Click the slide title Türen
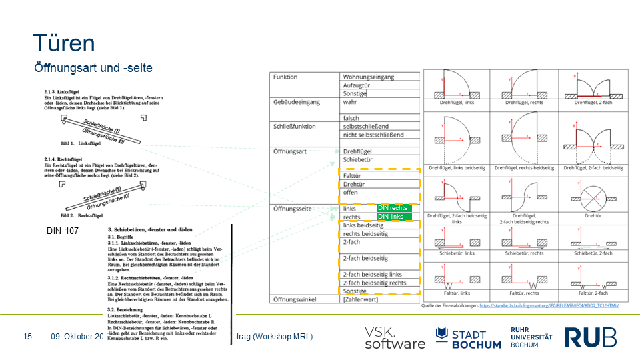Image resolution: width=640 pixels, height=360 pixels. click(64, 43)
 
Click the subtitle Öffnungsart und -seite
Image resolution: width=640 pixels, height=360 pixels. click(93, 68)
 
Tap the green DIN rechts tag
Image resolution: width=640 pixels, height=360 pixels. click(394, 208)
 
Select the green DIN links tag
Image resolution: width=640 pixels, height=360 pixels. click(392, 217)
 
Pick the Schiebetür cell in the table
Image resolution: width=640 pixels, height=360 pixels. click(357, 160)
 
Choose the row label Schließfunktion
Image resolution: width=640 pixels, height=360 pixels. click(295, 126)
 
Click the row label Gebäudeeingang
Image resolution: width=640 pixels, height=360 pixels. click(297, 102)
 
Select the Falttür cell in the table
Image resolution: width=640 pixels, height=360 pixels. click(352, 175)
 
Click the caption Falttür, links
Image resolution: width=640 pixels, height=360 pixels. click(456, 293)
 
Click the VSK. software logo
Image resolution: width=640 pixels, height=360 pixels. click(394, 337)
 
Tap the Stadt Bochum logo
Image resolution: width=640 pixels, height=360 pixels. click(468, 337)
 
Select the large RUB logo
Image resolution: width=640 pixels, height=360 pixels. click(591, 337)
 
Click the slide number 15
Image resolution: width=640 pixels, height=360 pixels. click(27, 337)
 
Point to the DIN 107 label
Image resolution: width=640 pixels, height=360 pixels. click(63, 231)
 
